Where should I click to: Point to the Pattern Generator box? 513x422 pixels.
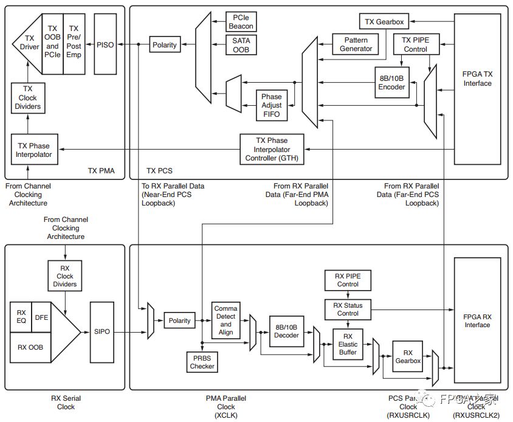(356, 44)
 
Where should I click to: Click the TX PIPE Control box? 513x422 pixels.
(415, 45)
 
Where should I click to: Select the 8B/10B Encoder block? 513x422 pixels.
(391, 82)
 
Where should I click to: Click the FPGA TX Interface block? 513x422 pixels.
(477, 79)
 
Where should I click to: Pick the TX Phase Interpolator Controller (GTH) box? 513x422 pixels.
(271, 149)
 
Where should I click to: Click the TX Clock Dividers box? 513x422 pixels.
(27, 97)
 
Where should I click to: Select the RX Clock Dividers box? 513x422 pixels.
(64, 276)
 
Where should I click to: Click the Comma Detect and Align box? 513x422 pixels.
(226, 320)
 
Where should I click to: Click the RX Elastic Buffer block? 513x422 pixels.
(348, 345)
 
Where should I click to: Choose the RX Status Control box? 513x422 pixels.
(348, 309)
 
